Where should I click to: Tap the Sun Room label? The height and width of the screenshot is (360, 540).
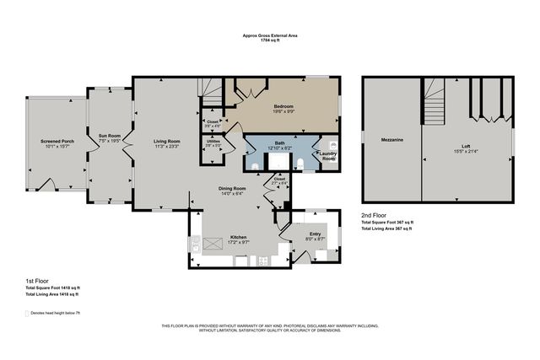pos(110,135)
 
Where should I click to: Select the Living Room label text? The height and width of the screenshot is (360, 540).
pos(166,140)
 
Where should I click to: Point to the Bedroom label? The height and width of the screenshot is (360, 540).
pos(283,106)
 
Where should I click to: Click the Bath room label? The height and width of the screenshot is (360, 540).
pos(279,143)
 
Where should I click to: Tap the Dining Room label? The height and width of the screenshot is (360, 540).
pos(234,188)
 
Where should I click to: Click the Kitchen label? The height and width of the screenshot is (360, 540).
pos(239,238)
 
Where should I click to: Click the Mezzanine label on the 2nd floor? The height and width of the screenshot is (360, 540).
pos(391,138)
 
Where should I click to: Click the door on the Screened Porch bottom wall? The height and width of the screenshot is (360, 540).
pos(48,185)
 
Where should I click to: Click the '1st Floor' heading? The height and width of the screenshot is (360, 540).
pos(36,279)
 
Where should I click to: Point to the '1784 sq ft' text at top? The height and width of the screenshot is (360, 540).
pos(269,41)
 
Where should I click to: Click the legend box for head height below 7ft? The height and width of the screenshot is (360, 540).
pos(27,311)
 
